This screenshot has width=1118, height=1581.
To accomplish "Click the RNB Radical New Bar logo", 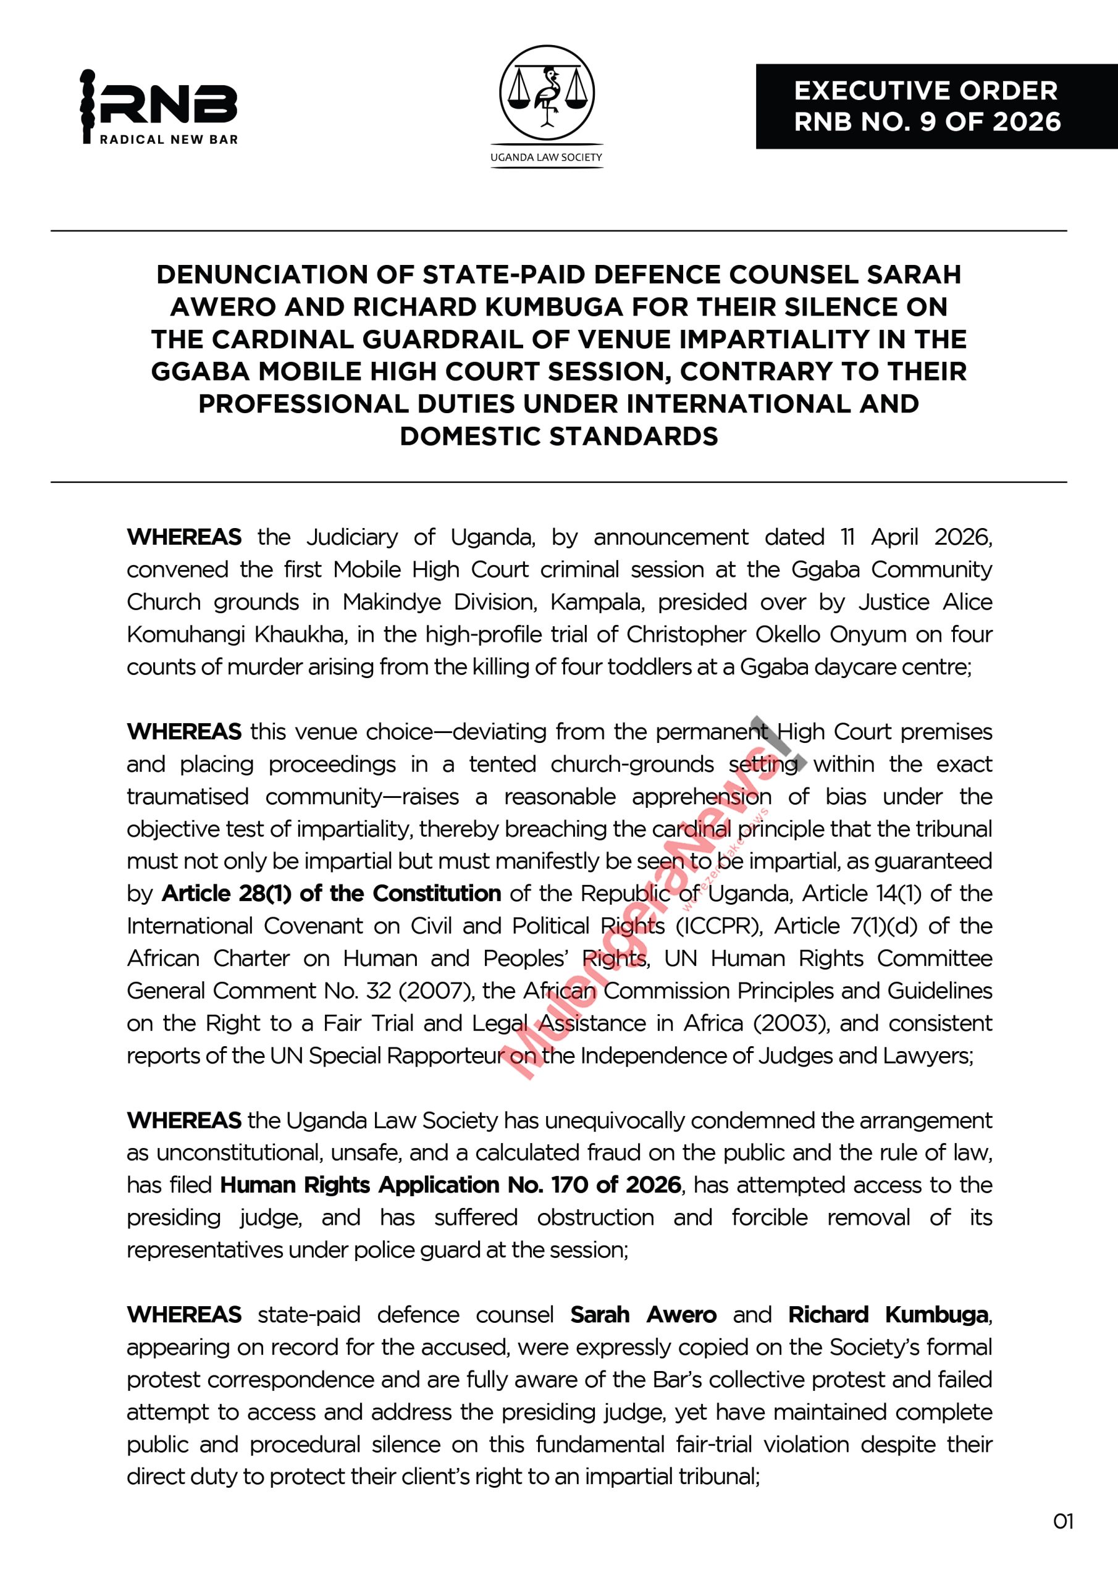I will click(x=159, y=107).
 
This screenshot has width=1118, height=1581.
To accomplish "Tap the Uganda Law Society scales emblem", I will click(x=546, y=92).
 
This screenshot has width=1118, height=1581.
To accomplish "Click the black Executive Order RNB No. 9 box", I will click(x=936, y=107).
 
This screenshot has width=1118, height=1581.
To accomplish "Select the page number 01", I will click(x=1063, y=1521).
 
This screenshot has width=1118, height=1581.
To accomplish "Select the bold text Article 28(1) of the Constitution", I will click(x=330, y=893).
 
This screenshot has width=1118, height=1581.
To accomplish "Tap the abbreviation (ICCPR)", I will click(x=719, y=926).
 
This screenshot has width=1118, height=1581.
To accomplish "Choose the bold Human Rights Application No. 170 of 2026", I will click(x=450, y=1185).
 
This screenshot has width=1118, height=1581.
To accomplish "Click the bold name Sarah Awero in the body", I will click(x=642, y=1315).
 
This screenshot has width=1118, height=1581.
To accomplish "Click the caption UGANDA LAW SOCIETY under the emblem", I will click(x=546, y=157).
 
